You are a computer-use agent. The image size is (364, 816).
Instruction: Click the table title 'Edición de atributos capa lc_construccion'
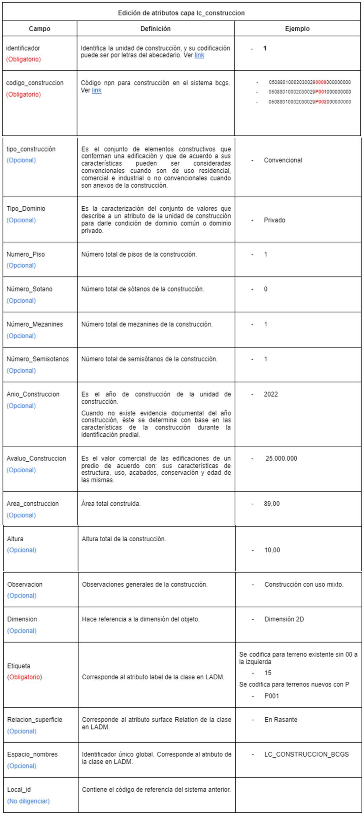[x=181, y=13]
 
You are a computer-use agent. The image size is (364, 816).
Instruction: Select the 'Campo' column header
[x=39, y=29]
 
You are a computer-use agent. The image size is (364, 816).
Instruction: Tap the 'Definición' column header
[x=155, y=29]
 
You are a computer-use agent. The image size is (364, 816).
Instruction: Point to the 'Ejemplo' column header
[x=297, y=29]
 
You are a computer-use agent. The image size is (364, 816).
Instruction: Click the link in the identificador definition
[x=199, y=55]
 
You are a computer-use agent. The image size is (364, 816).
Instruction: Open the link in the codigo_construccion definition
[x=97, y=90]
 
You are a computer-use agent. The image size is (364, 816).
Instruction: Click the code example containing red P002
[x=309, y=102]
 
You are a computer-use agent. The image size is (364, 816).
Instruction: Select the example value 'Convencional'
[x=283, y=160]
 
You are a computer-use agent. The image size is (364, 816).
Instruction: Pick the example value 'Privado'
[x=274, y=220]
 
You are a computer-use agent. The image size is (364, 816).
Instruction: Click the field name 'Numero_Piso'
[x=26, y=254]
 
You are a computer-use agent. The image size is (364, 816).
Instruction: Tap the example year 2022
[x=271, y=394]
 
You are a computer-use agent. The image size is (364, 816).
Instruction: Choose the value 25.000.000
[x=281, y=458]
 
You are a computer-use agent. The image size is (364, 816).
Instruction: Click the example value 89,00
[x=272, y=504]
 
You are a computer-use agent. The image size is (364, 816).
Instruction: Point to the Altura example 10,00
[x=272, y=550]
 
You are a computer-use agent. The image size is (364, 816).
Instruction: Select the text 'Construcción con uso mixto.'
[x=304, y=585]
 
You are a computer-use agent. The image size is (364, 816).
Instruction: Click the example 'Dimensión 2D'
[x=284, y=619]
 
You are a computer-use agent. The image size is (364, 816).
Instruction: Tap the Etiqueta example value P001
[x=271, y=696]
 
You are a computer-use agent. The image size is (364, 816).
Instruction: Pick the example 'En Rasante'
[x=281, y=720]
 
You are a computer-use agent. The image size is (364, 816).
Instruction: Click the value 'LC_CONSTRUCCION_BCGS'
[x=306, y=754]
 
